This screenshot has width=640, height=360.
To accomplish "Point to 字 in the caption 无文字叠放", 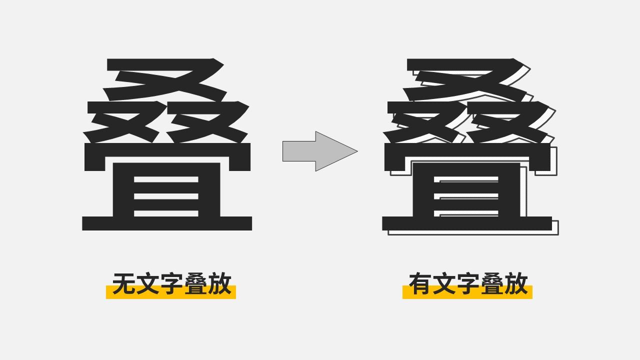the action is pyautogui.click(x=171, y=284).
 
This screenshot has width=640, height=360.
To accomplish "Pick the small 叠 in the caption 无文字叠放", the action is pyautogui.click(x=195, y=284).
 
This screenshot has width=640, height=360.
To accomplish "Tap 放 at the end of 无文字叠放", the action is pyautogui.click(x=219, y=284).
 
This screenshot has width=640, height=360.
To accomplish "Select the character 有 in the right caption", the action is pyautogui.click(x=420, y=284).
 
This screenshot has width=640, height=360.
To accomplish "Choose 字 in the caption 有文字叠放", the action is pyautogui.click(x=468, y=284).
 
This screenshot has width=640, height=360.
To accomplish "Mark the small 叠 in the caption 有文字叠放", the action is pyautogui.click(x=492, y=284).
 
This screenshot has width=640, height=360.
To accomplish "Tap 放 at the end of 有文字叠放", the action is pyautogui.click(x=516, y=284).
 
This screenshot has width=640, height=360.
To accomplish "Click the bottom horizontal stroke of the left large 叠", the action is pyautogui.click(x=167, y=223).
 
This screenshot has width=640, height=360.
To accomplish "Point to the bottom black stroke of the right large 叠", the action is pyautogui.click(x=467, y=223).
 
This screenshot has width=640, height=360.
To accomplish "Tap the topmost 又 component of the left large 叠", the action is pyautogui.click(x=165, y=80).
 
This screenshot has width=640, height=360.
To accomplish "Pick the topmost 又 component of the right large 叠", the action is pyautogui.click(x=465, y=80).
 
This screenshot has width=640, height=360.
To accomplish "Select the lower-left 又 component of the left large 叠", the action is pyautogui.click(x=122, y=122).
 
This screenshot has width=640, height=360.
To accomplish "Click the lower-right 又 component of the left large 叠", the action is pyautogui.click(x=207, y=122).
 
